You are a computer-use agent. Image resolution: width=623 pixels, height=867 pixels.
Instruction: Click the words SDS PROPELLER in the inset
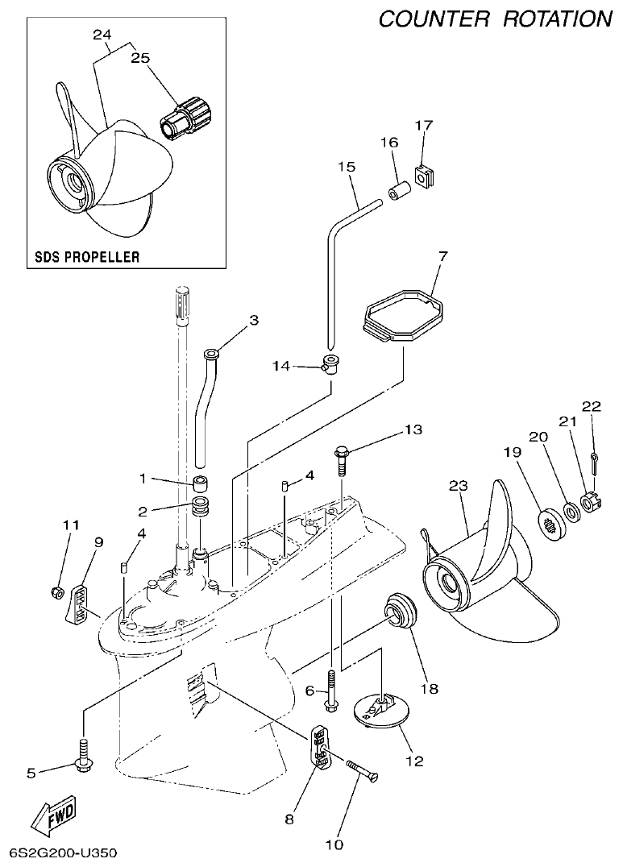[x=87, y=257]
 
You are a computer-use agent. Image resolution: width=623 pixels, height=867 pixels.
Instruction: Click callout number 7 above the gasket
[x=442, y=256]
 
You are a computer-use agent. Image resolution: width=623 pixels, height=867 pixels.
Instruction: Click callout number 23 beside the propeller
[x=458, y=485]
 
